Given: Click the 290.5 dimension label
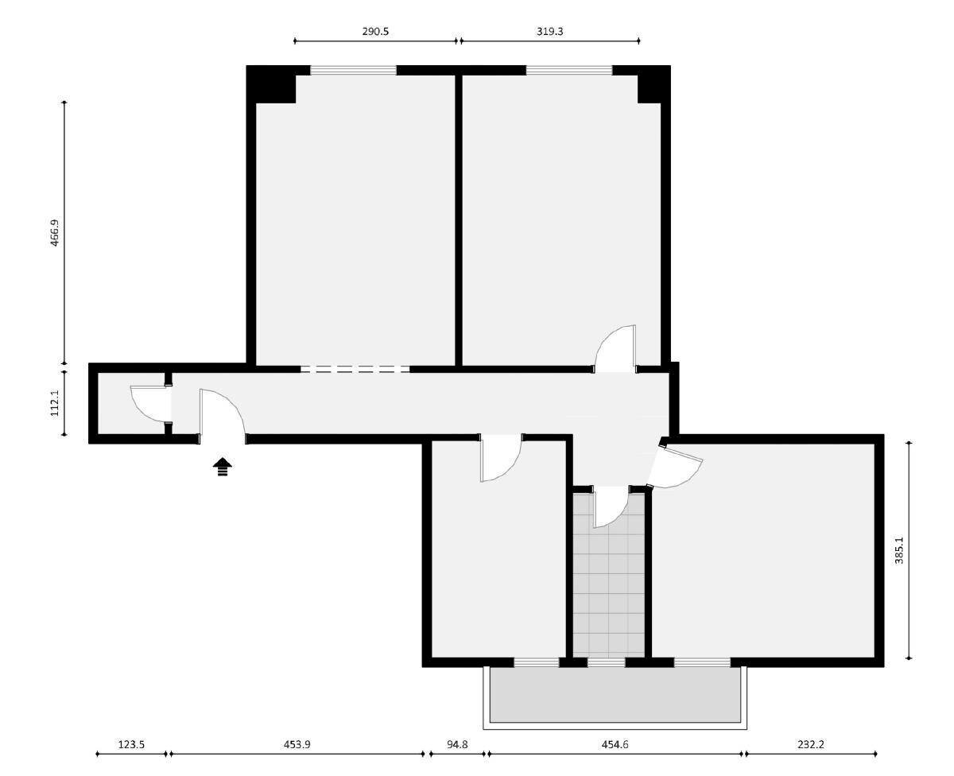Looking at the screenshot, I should point(374,32).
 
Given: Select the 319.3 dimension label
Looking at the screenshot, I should point(549,32).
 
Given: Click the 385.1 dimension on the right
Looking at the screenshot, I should point(899,550).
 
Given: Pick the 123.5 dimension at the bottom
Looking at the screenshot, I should point(131,745).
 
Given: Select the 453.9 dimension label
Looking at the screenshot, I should point(297,745).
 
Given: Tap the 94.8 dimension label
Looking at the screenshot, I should point(457,745).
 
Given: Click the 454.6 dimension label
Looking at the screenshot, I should point(615,745).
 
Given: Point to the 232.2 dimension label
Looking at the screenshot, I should point(810,745).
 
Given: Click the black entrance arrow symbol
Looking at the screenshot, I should point(223,467).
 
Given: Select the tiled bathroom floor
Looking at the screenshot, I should point(609,588).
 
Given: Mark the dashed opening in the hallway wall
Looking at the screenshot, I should point(355,369).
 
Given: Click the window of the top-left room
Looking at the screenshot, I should point(353,70).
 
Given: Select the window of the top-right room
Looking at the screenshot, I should point(569,70).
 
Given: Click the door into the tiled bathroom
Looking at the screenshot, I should point(611,507).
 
